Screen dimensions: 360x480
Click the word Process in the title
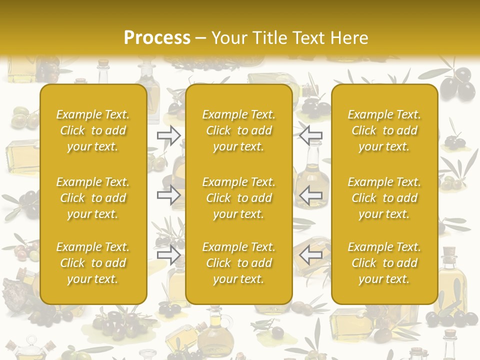[x=157, y=38]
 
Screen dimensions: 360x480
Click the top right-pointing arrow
[x=168, y=135]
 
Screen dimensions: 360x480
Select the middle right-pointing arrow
[x=168, y=195]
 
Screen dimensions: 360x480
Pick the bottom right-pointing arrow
[x=168, y=255]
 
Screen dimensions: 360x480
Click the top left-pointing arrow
[x=311, y=135]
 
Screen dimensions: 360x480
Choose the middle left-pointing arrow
[x=311, y=195]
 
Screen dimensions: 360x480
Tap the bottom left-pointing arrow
[x=311, y=255]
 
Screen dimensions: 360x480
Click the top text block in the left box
[x=93, y=130]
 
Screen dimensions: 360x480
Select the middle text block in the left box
[x=93, y=198]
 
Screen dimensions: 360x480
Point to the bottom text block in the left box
[x=93, y=263]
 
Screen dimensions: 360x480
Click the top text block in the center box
[x=238, y=130]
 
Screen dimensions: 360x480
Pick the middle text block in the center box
[x=238, y=198]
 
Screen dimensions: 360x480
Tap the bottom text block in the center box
[x=238, y=263]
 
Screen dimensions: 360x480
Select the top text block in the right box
[x=384, y=130]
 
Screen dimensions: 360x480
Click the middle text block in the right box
[x=384, y=198]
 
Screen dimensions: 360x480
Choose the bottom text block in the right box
[x=384, y=263]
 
